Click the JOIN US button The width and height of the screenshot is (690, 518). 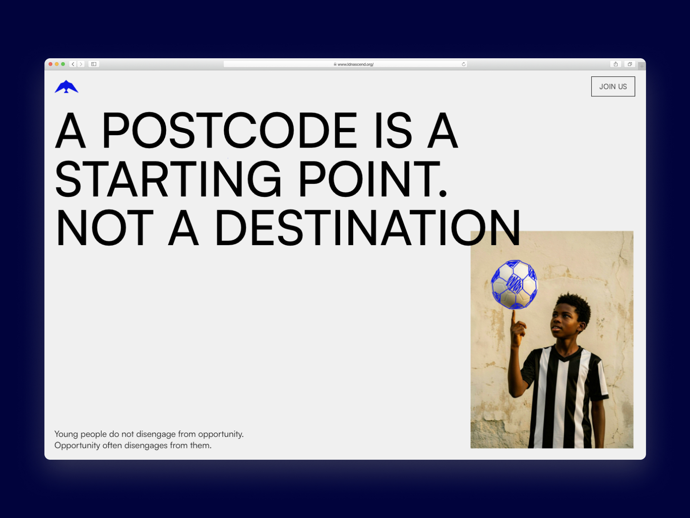(613, 86)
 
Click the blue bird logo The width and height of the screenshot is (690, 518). (66, 87)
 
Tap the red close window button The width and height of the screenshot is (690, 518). (50, 64)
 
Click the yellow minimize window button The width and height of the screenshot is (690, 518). (56, 64)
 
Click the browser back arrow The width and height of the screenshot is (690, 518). (73, 64)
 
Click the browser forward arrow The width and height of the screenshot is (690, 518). (81, 64)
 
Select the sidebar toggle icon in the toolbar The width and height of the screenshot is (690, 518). (94, 64)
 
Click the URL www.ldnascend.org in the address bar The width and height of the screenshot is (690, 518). (355, 64)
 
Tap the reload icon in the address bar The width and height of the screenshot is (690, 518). (463, 64)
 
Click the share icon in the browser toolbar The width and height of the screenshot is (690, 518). (615, 64)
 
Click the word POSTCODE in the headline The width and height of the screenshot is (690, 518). (230, 130)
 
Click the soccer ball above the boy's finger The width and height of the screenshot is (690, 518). (514, 284)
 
